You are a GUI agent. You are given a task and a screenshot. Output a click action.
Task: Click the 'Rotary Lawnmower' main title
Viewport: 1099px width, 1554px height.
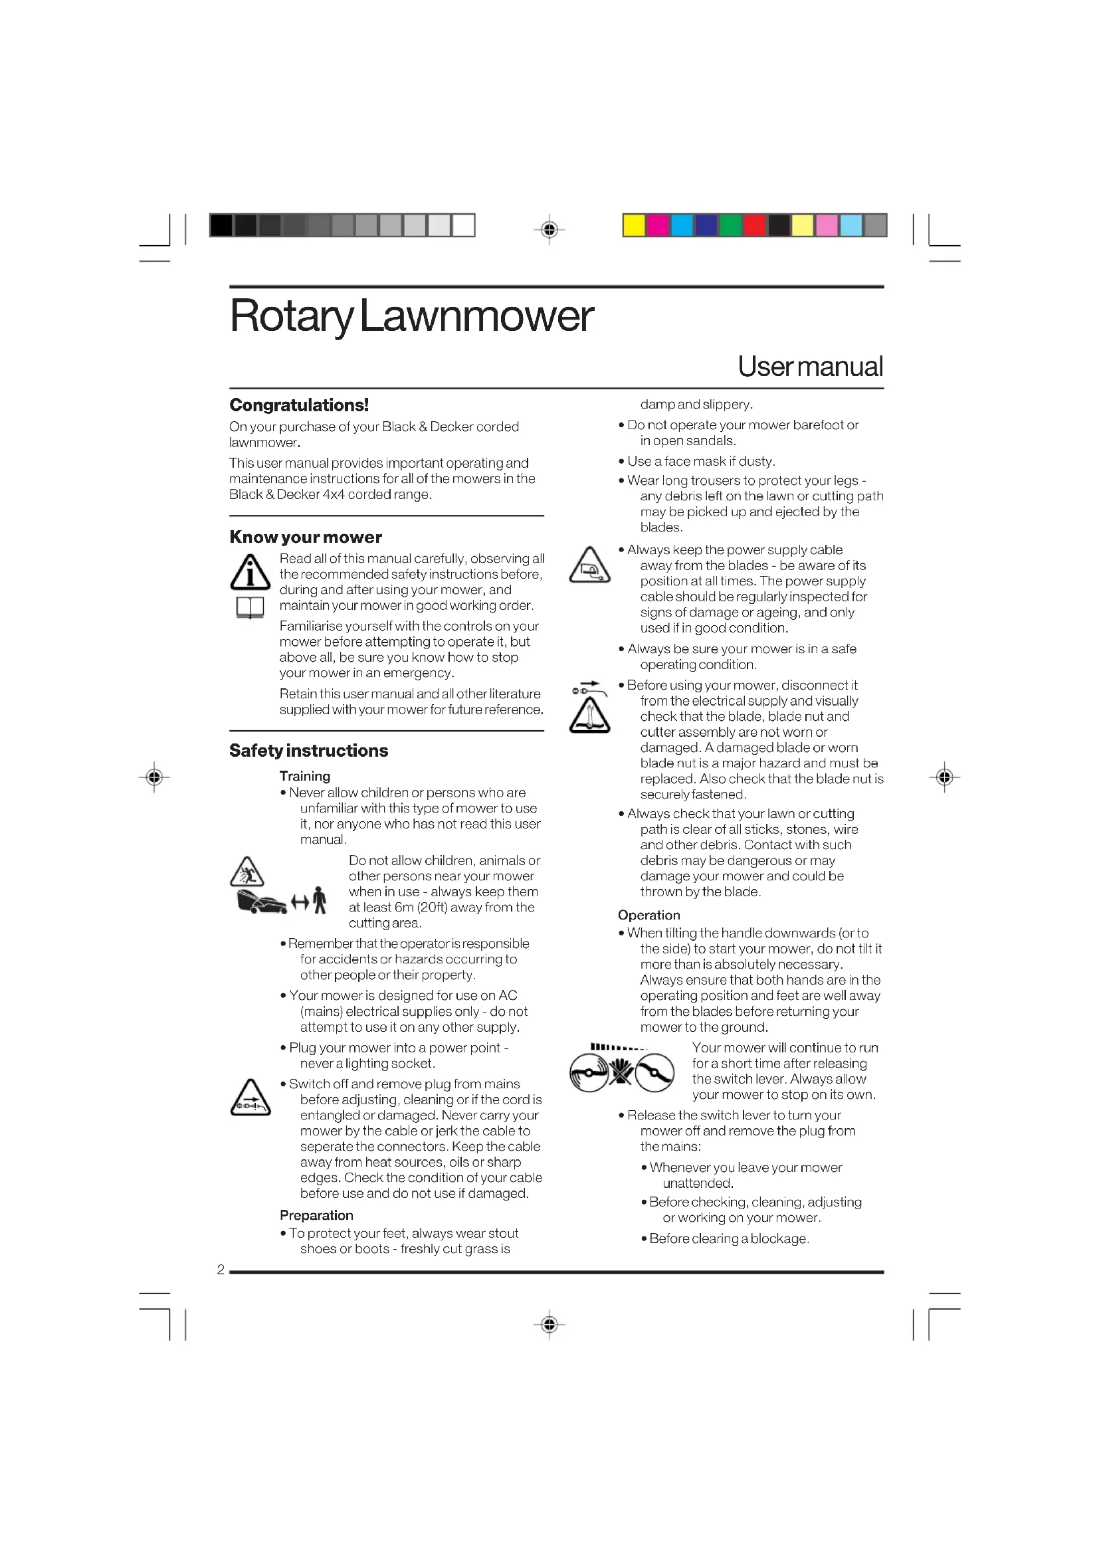coord(411,316)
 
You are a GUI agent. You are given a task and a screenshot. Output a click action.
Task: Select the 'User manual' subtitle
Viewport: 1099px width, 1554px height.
coord(810,367)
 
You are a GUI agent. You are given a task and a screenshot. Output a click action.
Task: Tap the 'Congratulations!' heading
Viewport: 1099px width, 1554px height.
coord(299,405)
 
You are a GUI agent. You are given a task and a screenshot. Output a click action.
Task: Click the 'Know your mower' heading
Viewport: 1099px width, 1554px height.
coord(305,537)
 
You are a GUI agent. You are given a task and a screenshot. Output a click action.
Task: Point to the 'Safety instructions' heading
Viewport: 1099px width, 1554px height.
coord(308,751)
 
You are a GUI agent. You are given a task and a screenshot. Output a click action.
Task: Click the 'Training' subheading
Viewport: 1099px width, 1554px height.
coord(304,776)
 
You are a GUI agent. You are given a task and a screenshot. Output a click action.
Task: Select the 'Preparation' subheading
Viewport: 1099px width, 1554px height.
coord(316,1215)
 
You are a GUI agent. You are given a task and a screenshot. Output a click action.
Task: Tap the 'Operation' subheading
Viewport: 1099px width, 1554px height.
coord(649,915)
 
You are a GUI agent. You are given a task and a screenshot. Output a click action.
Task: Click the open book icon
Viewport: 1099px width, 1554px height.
coord(250,608)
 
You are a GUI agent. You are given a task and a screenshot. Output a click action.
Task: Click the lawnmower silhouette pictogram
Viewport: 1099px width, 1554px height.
coord(262,902)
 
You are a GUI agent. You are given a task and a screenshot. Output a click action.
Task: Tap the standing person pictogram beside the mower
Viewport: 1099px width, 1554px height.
coord(320,901)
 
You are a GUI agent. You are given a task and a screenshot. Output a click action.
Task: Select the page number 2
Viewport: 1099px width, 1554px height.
coord(221,1270)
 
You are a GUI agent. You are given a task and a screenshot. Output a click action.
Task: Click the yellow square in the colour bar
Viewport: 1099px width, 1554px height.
coord(634,225)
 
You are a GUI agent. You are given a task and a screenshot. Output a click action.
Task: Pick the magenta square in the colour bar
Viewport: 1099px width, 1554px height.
coord(658,225)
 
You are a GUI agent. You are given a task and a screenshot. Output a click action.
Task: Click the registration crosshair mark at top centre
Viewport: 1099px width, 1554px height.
coord(549,230)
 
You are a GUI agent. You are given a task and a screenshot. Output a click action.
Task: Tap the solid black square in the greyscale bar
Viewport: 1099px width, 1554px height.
coord(221,225)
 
